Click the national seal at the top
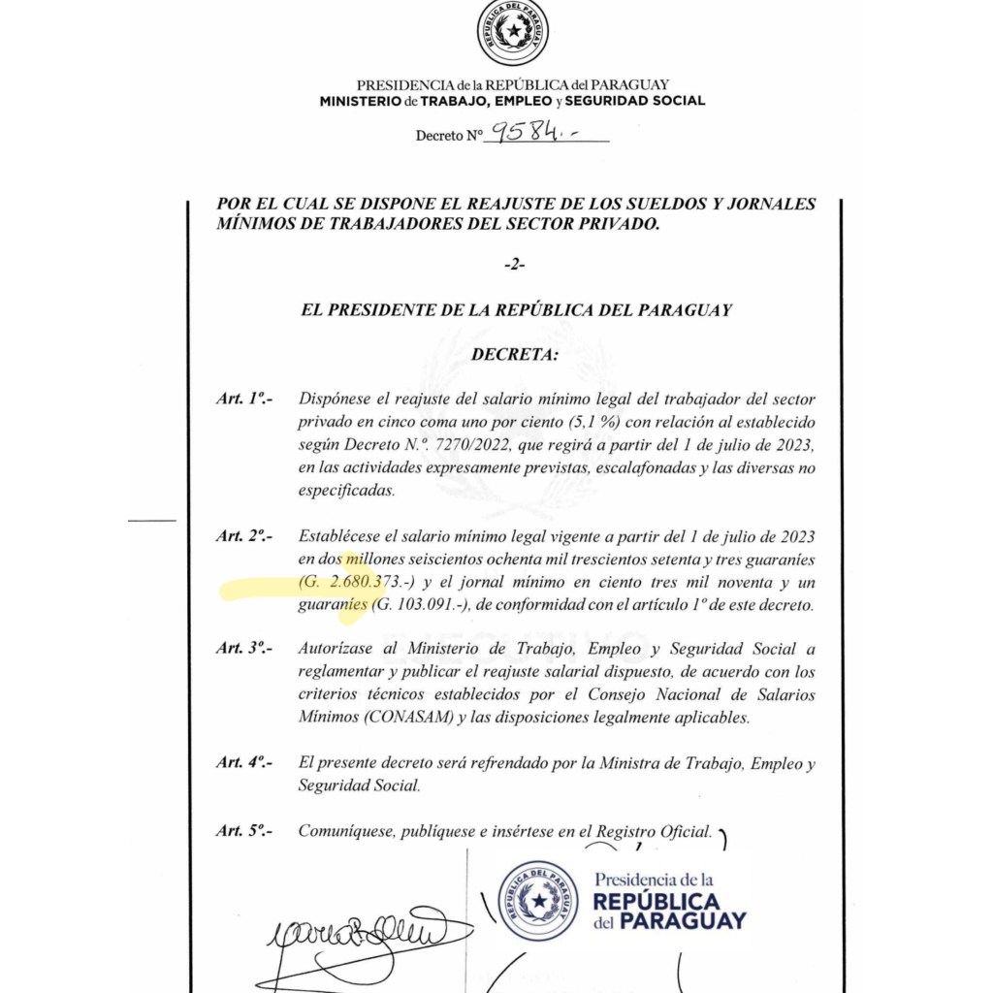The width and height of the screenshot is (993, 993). coord(512,32)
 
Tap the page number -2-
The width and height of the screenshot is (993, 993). coord(515,265)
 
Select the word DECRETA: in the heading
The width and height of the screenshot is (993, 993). coord(515,355)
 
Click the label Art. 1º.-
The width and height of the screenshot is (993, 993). coord(244,399)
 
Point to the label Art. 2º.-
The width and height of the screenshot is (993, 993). coord(244,536)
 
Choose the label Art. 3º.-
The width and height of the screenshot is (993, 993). coord(244,649)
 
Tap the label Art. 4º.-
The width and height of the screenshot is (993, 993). coord(244,763)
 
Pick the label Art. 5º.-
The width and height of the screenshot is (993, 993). coord(244,831)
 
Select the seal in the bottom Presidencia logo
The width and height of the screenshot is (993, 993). coord(537,900)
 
